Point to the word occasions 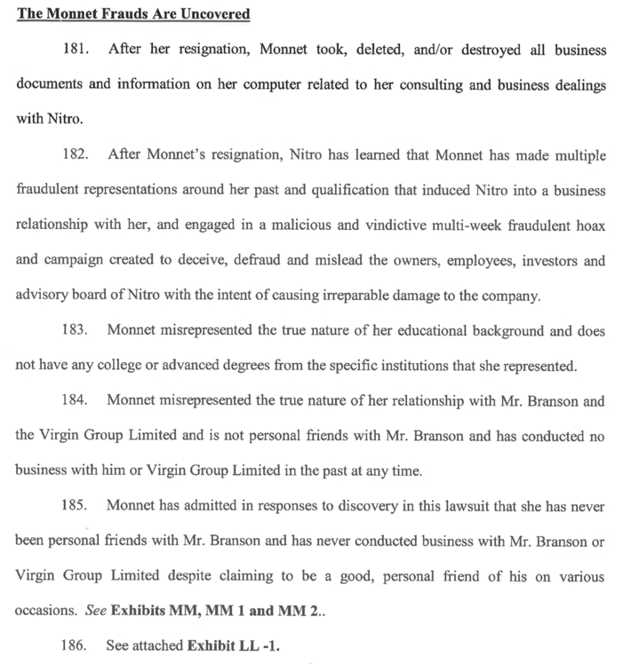[44, 612]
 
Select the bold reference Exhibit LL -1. [233, 645]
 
